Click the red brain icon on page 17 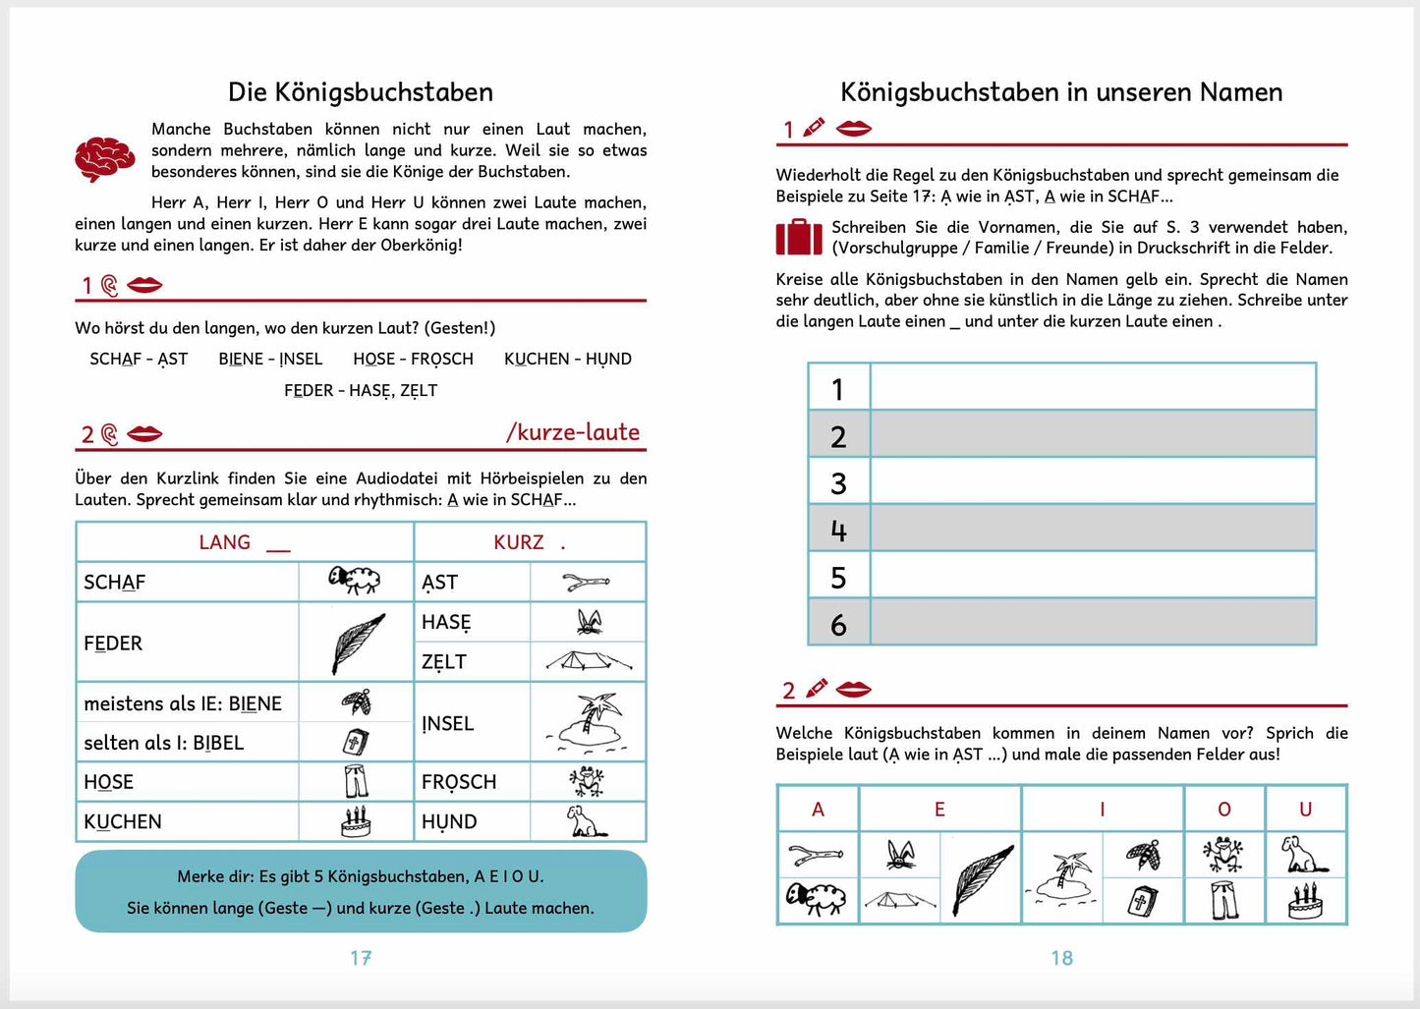point(104,158)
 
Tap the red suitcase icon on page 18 point(798,237)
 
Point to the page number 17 point(361,958)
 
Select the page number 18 point(1061,958)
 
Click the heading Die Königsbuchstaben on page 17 point(361,92)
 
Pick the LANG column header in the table point(225,542)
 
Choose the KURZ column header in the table point(519,542)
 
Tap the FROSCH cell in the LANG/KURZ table point(459,782)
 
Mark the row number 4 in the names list point(838,531)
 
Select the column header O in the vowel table point(1223,810)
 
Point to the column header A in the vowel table point(818,810)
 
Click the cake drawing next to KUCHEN point(356,820)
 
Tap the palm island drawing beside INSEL point(588,722)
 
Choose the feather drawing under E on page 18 point(981,877)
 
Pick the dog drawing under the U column point(1304,854)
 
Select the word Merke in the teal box point(199,876)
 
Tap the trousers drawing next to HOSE point(356,782)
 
